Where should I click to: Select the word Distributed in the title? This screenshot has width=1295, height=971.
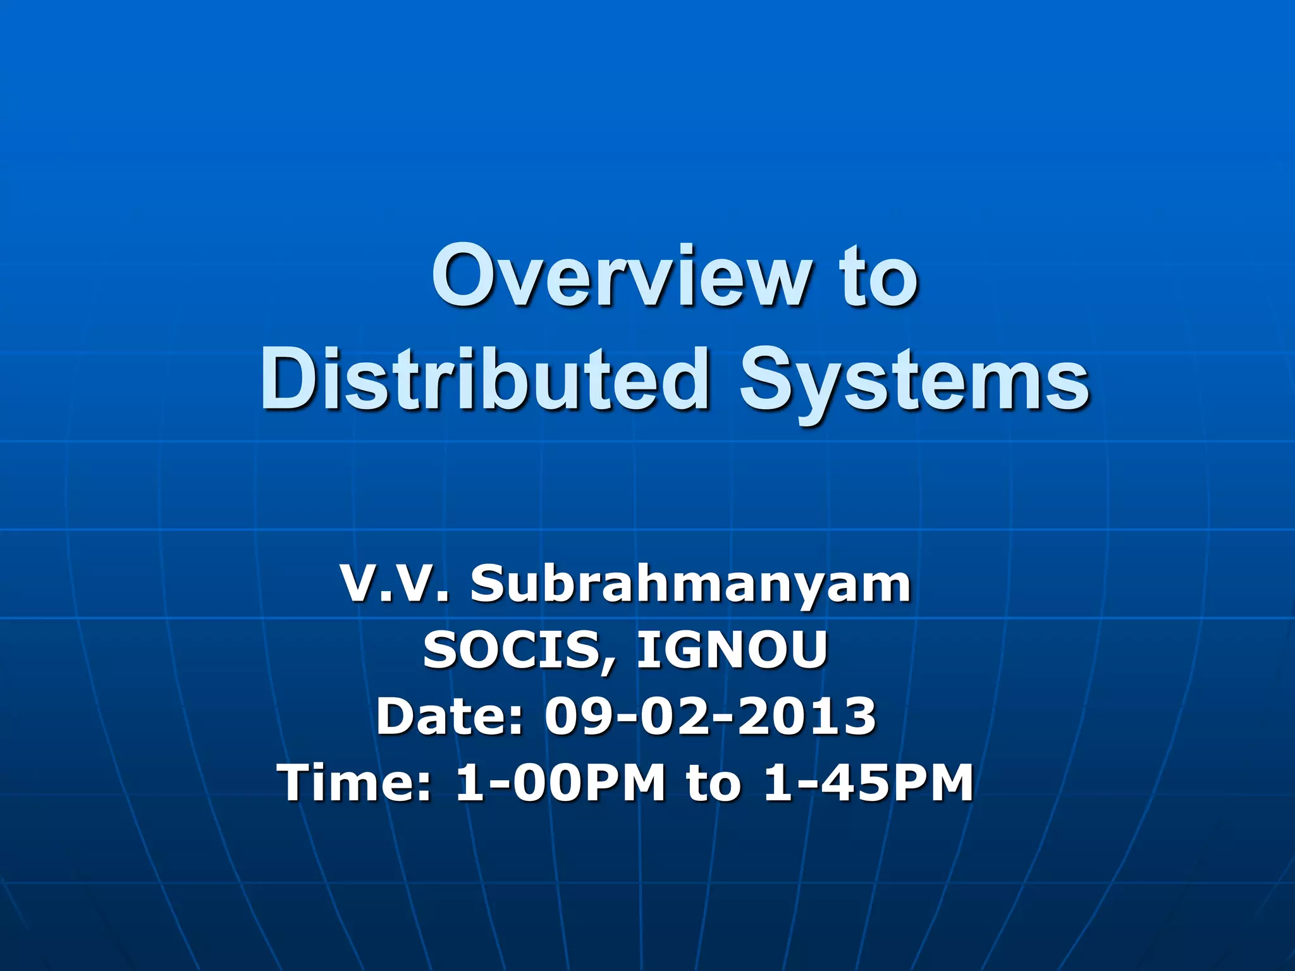pyautogui.click(x=484, y=379)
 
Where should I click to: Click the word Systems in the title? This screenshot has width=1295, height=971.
pyautogui.click(x=915, y=379)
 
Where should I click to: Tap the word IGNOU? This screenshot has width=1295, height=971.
pyautogui.click(x=732, y=650)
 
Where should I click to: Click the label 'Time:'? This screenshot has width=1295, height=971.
pyautogui.click(x=354, y=783)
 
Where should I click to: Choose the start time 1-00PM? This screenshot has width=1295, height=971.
pyautogui.click(x=560, y=783)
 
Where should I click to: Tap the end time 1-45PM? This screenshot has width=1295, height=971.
pyautogui.click(x=868, y=783)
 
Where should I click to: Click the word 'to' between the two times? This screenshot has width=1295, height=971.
pyautogui.click(x=713, y=783)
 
